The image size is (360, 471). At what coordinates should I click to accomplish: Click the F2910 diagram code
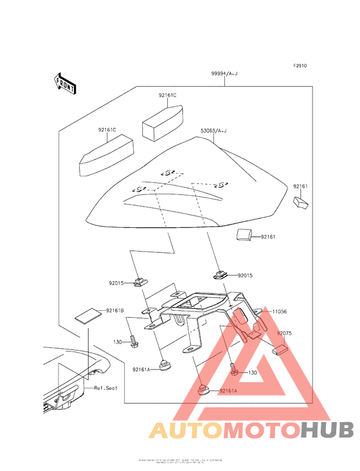click(301, 66)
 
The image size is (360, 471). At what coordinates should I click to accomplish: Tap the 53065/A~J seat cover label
click(214, 131)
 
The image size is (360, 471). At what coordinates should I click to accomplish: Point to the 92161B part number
click(116, 311)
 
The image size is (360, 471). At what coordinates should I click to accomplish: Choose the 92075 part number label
click(285, 334)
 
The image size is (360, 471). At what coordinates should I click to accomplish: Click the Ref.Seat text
click(105, 388)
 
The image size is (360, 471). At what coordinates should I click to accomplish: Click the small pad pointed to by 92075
click(281, 351)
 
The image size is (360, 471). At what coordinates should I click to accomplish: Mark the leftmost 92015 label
click(117, 282)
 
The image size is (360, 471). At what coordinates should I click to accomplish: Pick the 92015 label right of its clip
click(246, 275)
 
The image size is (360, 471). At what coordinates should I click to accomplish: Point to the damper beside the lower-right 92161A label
click(205, 390)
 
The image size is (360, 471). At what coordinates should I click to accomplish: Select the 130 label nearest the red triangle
click(252, 373)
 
